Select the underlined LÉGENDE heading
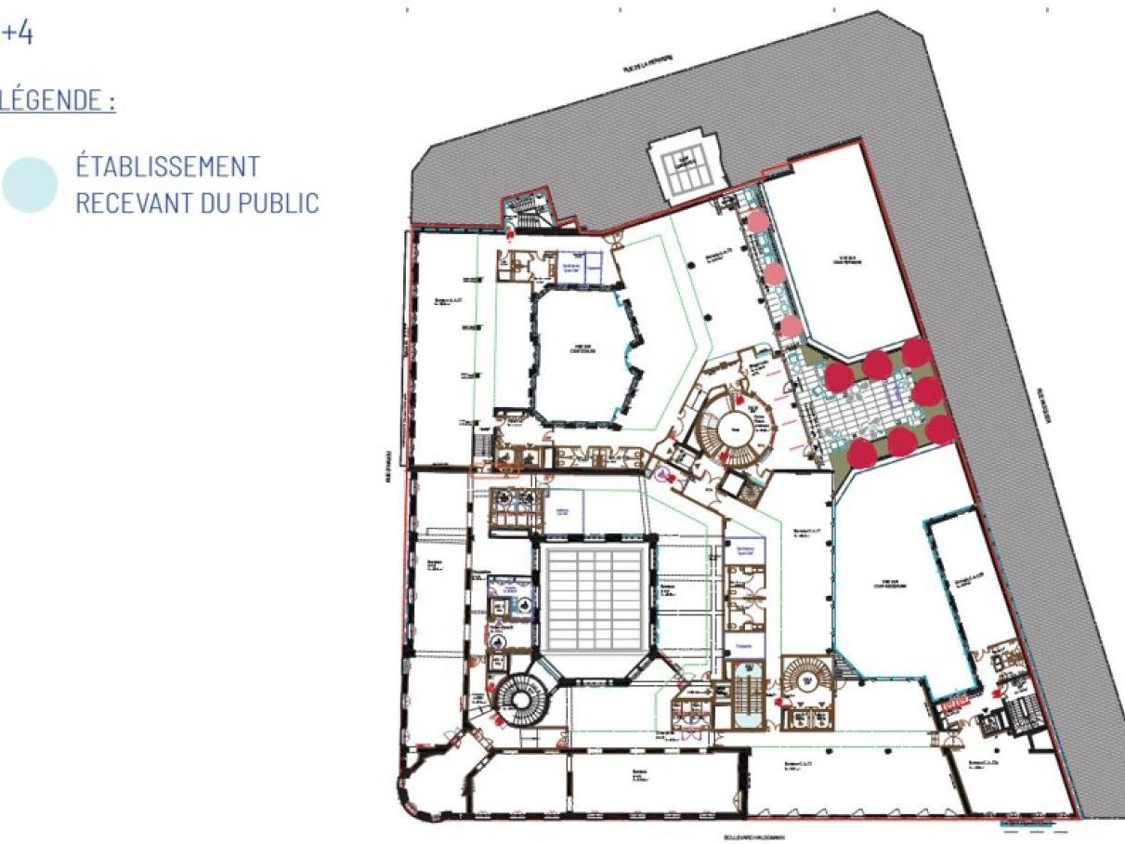point(58,100)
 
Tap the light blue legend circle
point(30,184)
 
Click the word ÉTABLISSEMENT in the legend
point(167,167)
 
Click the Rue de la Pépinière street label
point(648,62)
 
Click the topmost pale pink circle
point(757,220)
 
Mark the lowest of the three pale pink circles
point(790,325)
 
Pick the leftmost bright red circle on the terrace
point(839,375)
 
